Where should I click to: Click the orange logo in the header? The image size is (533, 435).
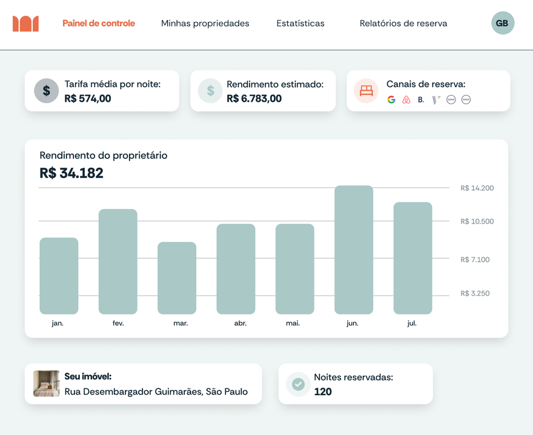25,24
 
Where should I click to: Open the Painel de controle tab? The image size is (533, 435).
99,24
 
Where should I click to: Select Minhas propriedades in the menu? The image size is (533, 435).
205,24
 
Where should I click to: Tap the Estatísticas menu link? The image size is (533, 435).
300,24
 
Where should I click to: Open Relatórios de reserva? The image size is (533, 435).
403,24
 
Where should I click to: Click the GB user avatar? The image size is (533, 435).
502,24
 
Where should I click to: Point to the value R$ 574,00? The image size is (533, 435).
88,98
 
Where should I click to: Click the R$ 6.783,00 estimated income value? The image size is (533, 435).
254,98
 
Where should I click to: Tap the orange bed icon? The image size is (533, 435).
366,91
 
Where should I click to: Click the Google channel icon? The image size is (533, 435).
391,100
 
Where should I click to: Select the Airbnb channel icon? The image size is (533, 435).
406,100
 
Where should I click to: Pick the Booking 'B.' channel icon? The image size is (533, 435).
421,100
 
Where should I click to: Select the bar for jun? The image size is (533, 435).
354,250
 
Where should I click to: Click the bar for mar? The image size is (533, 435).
177,278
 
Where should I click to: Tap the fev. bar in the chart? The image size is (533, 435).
118,262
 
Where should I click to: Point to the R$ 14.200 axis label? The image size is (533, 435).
477,188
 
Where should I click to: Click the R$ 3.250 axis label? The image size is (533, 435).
475,294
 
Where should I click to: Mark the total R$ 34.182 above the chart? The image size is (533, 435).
71,173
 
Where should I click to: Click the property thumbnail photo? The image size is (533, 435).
47,384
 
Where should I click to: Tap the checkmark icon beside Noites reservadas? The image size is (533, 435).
298,384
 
